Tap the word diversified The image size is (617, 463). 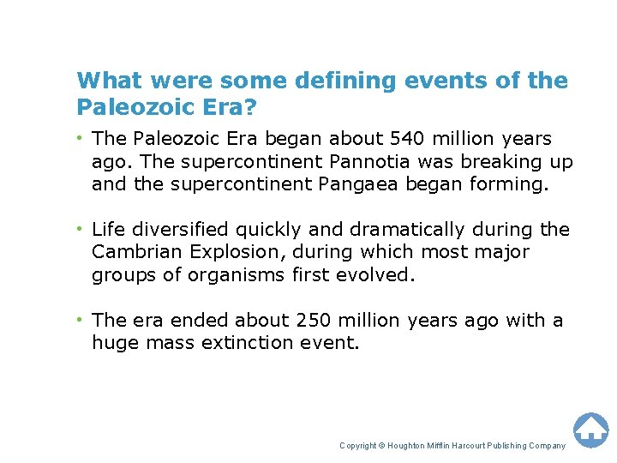tap(179, 229)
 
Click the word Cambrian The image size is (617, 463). tap(132, 252)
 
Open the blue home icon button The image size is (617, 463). tap(590, 430)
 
